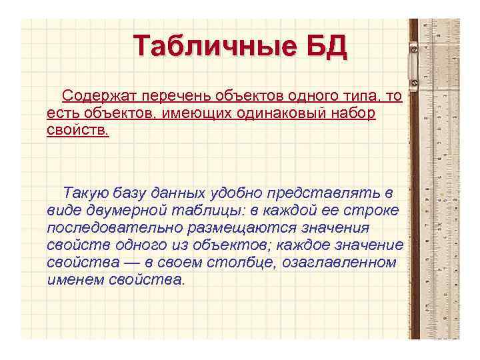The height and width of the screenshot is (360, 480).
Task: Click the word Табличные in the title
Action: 211,48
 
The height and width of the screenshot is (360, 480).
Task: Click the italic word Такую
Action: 83,193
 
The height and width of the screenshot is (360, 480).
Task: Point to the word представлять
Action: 323,193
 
